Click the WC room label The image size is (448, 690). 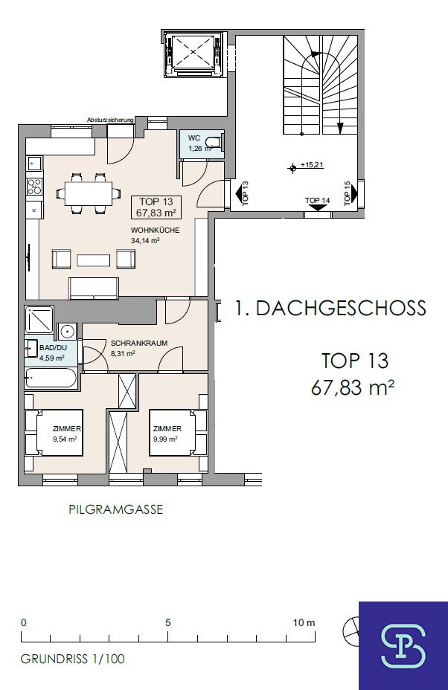(x=193, y=138)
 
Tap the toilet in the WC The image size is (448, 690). (x=217, y=142)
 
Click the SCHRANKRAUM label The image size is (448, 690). (x=139, y=344)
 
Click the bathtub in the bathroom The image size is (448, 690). (x=51, y=378)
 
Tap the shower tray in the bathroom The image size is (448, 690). (x=39, y=319)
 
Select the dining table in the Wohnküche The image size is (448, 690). (x=89, y=193)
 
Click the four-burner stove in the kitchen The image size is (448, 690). (x=34, y=186)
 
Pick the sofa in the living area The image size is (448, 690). (x=93, y=288)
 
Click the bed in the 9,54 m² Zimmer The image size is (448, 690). (x=54, y=433)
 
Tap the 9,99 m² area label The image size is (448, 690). (x=165, y=439)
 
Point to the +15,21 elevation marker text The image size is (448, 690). (x=312, y=165)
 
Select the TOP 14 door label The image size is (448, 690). (x=317, y=201)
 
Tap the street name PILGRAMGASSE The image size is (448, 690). (x=116, y=509)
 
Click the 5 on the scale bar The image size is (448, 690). (x=168, y=622)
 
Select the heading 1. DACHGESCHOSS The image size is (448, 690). (x=330, y=308)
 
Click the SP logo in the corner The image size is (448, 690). (x=403, y=645)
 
